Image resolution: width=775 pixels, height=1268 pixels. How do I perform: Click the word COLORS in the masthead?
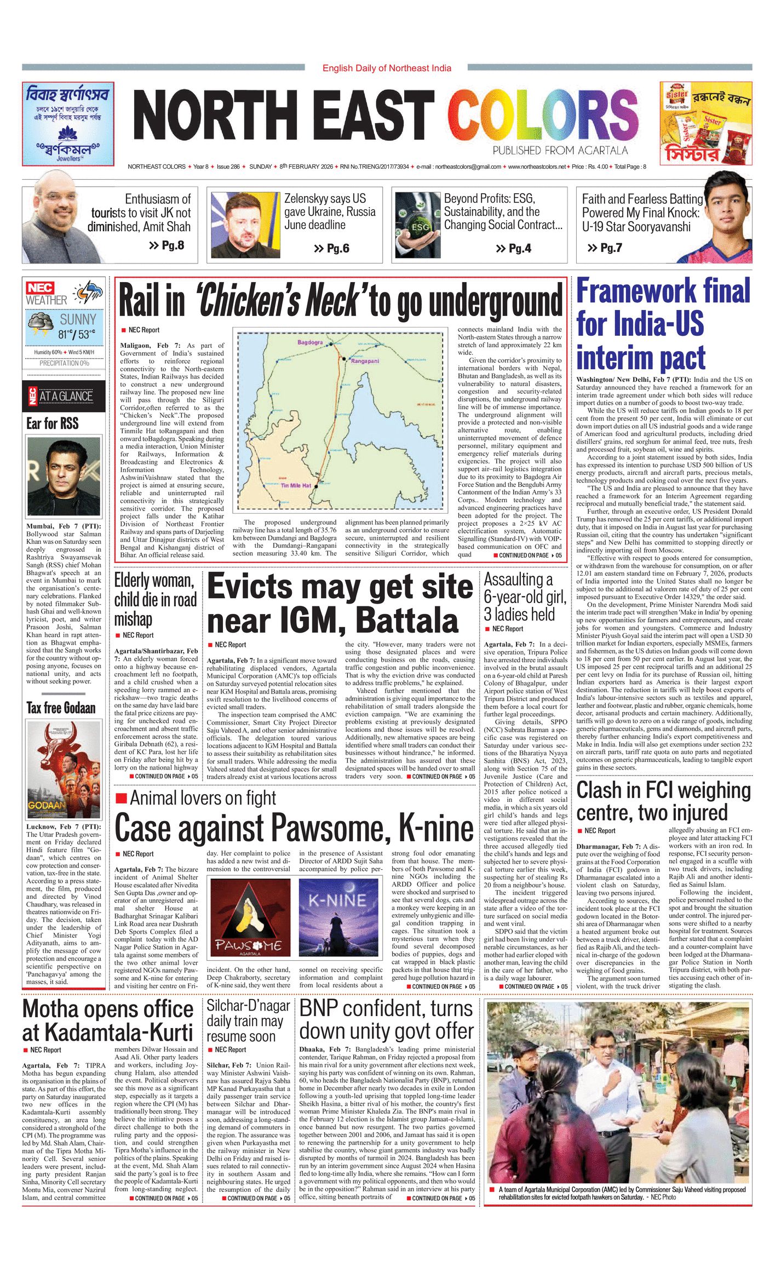[x=542, y=117]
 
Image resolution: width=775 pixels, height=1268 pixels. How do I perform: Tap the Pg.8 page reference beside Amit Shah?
[x=167, y=245]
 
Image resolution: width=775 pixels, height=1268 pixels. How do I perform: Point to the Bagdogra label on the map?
[x=310, y=342]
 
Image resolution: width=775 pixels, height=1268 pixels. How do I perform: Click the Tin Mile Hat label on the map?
[x=296, y=485]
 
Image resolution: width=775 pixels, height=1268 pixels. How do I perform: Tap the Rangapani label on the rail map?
[x=365, y=362]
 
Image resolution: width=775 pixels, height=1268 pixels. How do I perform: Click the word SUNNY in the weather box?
[x=78, y=319]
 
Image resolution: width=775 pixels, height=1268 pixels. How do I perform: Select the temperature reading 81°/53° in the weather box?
[x=77, y=334]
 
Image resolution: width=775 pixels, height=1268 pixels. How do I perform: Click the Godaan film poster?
[x=64, y=770]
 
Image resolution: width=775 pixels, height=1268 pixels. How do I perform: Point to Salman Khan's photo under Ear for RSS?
[x=64, y=477]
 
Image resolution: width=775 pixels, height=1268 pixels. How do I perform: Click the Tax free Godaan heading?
[x=61, y=708]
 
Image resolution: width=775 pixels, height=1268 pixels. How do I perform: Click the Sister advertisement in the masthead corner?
[x=705, y=123]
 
